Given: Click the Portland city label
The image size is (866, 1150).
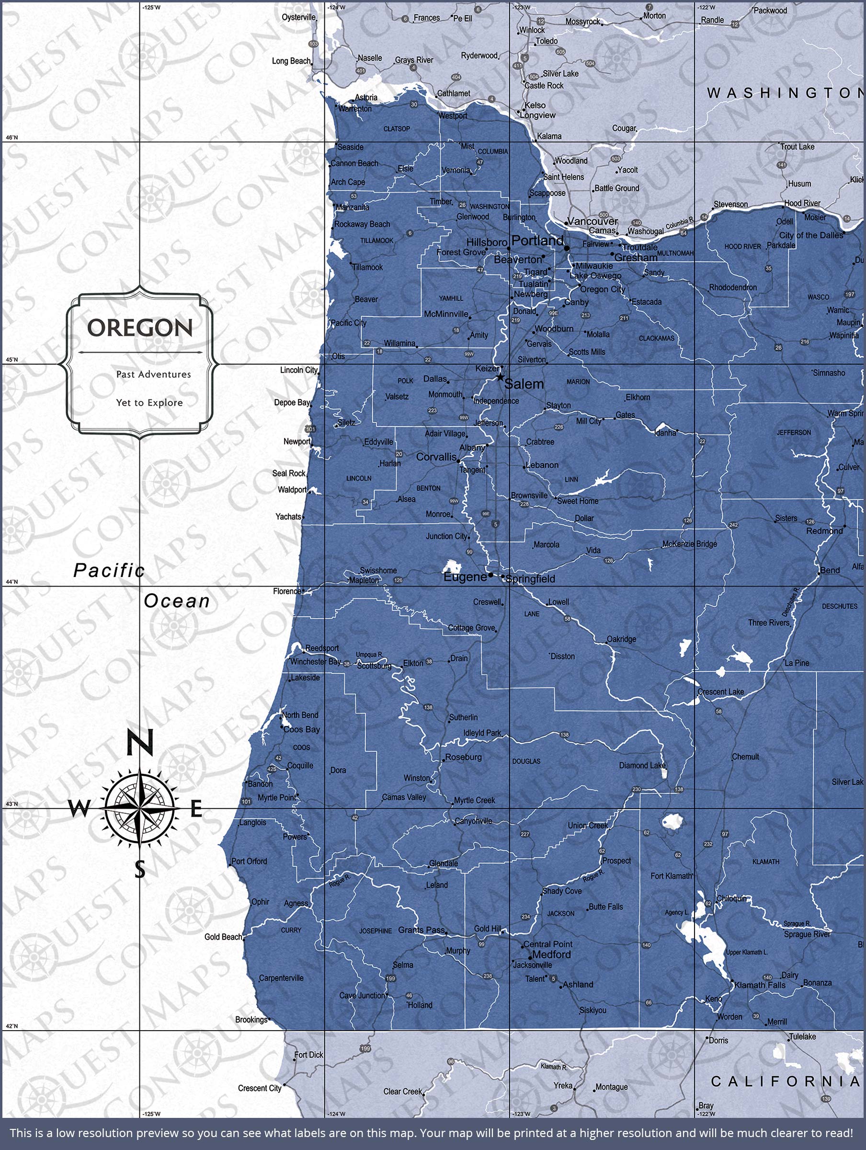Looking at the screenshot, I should click(537, 241).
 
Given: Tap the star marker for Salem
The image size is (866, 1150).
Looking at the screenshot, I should click(500, 377).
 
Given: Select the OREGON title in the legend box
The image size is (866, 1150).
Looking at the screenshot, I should click(140, 328).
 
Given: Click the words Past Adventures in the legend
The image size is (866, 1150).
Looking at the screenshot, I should click(153, 374).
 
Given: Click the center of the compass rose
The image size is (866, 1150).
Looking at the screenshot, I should click(139, 808).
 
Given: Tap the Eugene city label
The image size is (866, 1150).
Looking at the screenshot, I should click(465, 576).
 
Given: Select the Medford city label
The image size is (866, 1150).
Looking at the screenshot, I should click(551, 954).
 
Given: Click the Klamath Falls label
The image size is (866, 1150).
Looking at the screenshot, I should click(760, 985).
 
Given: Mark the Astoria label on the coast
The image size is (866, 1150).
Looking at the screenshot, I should click(366, 97).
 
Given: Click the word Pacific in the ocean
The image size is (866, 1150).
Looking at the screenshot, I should click(109, 570).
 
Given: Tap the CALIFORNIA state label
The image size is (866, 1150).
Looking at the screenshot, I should click(785, 1081).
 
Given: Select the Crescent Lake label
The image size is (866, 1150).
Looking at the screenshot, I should click(720, 691).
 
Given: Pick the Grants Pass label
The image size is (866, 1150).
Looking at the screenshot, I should click(422, 930).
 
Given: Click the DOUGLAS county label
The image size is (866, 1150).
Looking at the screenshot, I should click(526, 761).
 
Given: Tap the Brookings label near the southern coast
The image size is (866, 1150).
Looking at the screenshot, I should click(251, 1020).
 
